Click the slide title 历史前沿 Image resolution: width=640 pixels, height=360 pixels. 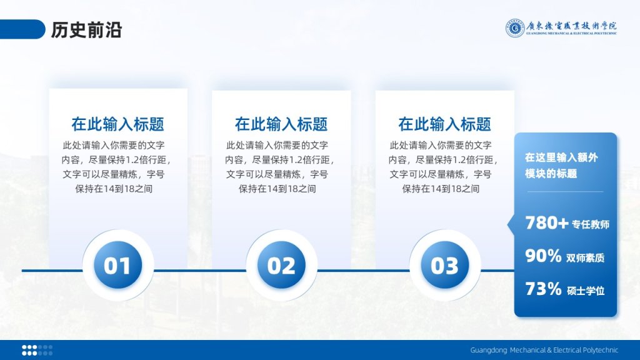(86, 30)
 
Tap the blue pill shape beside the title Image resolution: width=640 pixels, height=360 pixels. (22, 29)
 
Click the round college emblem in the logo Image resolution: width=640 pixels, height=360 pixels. (515, 28)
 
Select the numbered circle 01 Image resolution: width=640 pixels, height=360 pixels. (117, 265)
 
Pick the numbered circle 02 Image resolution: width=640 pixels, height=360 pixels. (281, 265)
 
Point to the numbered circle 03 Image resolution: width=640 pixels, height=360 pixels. (445, 265)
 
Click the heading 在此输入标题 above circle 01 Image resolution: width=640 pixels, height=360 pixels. (118, 124)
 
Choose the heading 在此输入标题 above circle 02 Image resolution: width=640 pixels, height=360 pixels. (281, 124)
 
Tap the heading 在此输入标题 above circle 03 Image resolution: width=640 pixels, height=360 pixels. (445, 124)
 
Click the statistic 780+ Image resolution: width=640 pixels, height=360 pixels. (546, 223)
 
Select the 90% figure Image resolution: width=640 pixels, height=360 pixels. (543, 256)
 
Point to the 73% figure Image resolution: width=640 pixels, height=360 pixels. (543, 289)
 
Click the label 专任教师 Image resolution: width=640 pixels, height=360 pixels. (591, 224)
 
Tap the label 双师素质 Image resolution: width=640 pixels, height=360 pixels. (585, 258)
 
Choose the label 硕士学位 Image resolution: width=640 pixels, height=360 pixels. (586, 291)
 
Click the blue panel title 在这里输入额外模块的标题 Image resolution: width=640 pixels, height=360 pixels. (561, 165)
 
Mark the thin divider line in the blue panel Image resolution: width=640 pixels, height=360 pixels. (565, 191)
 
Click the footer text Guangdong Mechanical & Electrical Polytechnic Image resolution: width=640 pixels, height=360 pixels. (544, 350)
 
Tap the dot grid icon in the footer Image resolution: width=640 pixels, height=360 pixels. (37, 350)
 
